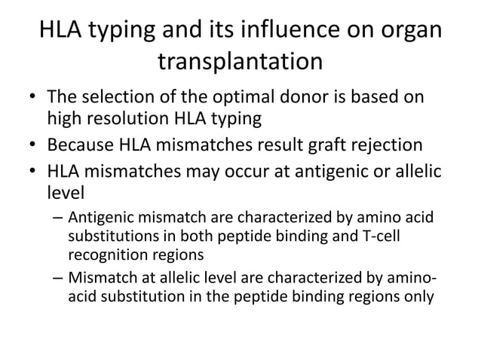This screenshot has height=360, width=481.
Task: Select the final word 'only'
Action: [418, 295]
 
